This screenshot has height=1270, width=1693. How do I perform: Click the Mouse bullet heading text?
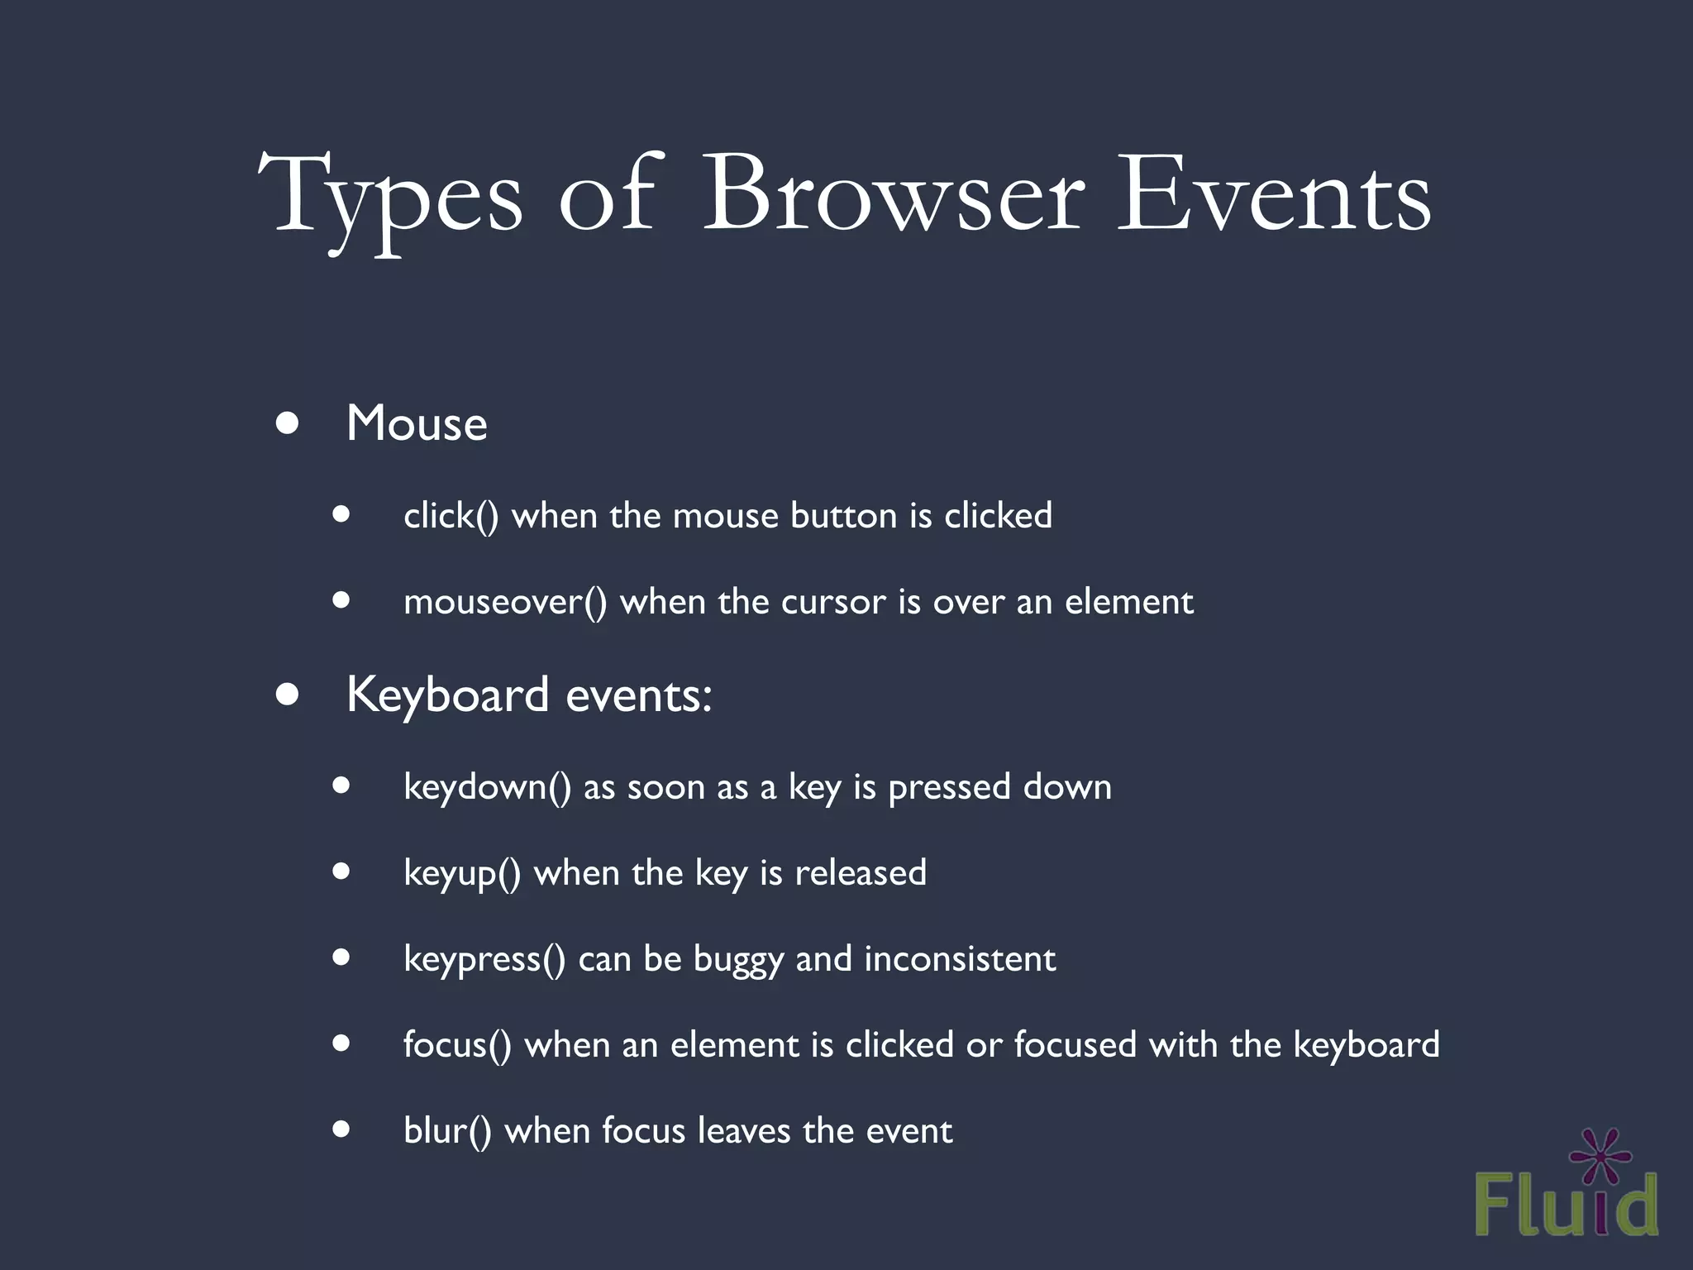point(417,424)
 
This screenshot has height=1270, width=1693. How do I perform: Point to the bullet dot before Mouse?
point(287,424)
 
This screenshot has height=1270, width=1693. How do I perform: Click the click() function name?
point(451,516)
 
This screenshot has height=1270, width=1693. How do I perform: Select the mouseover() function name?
point(505,602)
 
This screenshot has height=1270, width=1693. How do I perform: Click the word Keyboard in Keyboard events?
point(447,695)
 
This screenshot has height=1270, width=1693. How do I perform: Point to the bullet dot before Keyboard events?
point(287,695)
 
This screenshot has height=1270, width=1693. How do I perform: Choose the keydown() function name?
point(487,787)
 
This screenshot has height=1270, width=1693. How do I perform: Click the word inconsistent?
point(960,959)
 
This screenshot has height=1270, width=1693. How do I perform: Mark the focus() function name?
point(457,1045)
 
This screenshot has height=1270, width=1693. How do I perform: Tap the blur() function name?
point(447,1131)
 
